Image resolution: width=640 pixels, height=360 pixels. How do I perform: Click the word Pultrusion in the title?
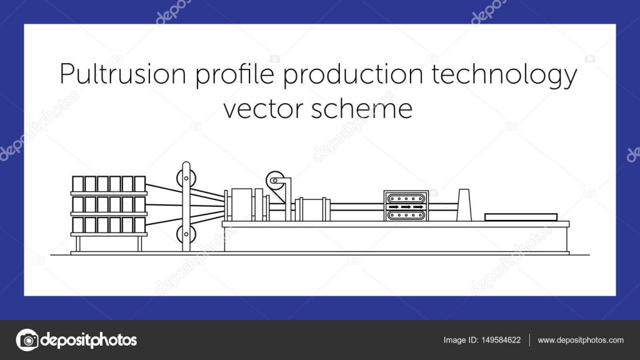(123, 74)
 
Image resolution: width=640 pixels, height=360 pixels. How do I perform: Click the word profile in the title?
(235, 76)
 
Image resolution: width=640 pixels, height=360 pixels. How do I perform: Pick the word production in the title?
(354, 76)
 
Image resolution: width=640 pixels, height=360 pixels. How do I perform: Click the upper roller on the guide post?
(186, 178)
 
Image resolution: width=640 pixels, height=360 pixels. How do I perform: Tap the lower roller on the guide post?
(186, 234)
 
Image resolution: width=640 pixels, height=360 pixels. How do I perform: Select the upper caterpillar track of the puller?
(406, 199)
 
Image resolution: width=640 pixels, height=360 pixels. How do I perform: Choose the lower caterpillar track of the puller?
(406, 215)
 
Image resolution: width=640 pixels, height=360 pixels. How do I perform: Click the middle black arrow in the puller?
(406, 207)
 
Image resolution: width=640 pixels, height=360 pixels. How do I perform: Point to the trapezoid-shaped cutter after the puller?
(464, 205)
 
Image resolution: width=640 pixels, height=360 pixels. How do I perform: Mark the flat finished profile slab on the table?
(521, 217)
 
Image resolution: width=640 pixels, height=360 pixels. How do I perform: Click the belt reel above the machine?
(276, 181)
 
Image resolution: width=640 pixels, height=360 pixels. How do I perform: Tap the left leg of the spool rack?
(78, 244)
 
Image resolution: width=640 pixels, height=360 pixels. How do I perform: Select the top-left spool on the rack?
(78, 184)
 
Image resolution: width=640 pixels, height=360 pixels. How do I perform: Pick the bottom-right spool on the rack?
(140, 225)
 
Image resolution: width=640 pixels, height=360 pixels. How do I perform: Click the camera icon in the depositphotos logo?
(27, 340)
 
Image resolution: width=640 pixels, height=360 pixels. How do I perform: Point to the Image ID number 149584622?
(501, 340)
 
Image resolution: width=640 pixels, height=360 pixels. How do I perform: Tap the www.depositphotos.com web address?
(581, 340)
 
